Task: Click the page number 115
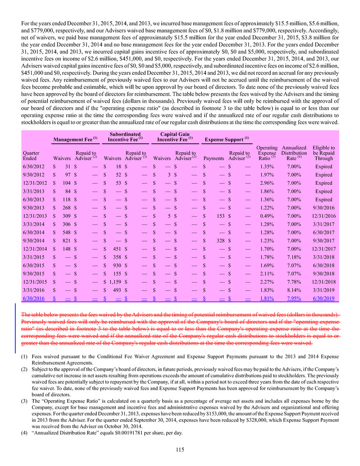[180, 448]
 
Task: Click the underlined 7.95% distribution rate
[293, 298]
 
